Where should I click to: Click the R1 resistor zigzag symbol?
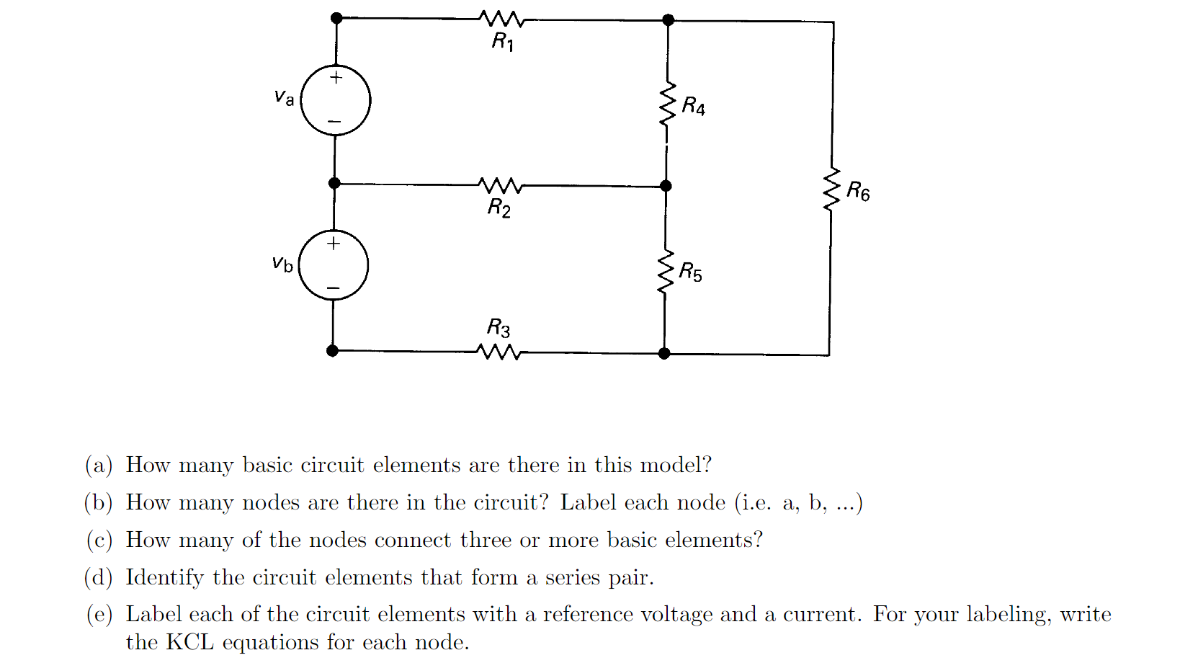click(x=502, y=19)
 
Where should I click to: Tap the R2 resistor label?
click(x=499, y=208)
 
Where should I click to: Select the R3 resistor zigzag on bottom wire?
click(x=499, y=352)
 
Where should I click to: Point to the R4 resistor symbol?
click(x=668, y=105)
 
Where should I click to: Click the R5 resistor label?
click(x=690, y=272)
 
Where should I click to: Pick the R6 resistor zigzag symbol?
click(x=832, y=190)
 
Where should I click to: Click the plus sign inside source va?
click(x=336, y=77)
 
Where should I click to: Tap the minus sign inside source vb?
click(x=333, y=288)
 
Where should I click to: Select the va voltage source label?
click(x=285, y=97)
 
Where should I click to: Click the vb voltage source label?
click(x=282, y=264)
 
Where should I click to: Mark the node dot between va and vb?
click(x=334, y=183)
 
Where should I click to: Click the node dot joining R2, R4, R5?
click(x=666, y=186)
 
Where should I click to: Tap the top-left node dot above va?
click(x=336, y=18)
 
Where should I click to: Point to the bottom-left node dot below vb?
click(x=332, y=351)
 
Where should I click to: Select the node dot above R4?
click(x=669, y=19)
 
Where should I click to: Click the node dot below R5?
click(x=664, y=353)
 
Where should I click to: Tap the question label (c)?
click(x=99, y=540)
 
